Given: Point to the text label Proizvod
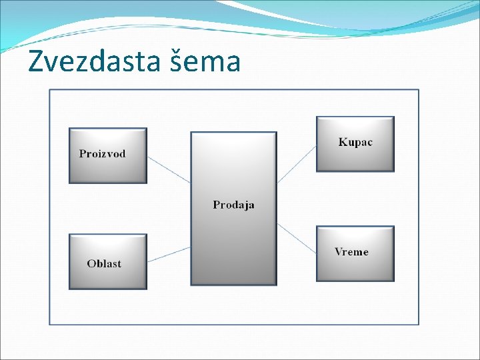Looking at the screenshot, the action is click(102, 154).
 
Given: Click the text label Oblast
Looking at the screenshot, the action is click(104, 263).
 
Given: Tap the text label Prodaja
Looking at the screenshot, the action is click(233, 205).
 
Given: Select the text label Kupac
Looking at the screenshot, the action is click(355, 142).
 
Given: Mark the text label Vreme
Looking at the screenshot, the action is click(351, 252).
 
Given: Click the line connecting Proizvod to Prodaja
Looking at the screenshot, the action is click(169, 169).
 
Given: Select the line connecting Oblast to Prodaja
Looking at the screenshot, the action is click(169, 254).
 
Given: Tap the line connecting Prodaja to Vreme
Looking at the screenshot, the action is click(297, 238).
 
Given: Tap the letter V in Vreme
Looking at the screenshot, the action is click(339, 252).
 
